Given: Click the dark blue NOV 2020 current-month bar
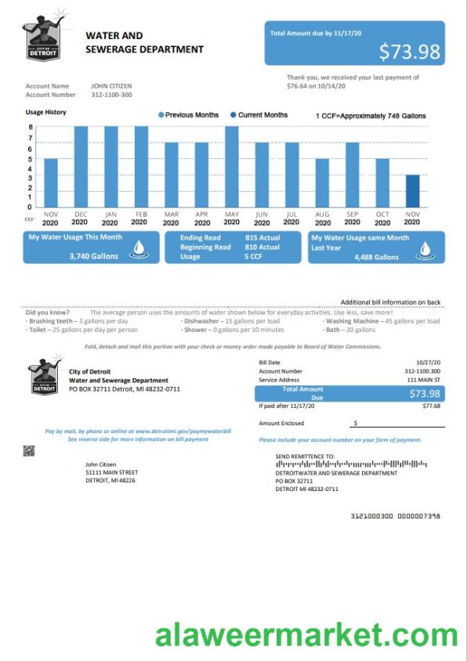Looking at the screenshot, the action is click(x=412, y=191).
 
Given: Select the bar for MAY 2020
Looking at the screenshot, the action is click(x=231, y=167).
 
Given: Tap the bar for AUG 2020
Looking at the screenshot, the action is click(x=322, y=183).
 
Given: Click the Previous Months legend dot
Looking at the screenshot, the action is click(x=161, y=115).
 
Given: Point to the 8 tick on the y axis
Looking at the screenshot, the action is click(x=31, y=127).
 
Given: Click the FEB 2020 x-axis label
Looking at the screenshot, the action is click(x=140, y=218).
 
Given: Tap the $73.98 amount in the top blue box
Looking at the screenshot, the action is click(x=409, y=52).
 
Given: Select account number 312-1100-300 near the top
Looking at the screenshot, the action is click(x=111, y=95).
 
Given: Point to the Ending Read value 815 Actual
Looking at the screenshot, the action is click(x=262, y=237).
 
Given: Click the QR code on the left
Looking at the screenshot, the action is click(x=29, y=450).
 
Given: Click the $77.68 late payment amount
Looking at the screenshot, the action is click(x=431, y=406).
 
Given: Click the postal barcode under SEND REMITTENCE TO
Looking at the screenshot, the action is click(x=351, y=464).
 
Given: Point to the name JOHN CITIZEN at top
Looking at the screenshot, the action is click(x=111, y=86).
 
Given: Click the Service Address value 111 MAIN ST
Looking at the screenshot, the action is click(x=424, y=379).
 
